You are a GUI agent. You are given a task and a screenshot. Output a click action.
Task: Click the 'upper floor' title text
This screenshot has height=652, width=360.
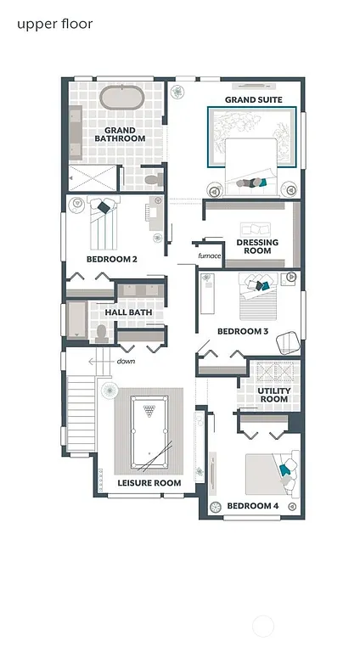click(54, 24)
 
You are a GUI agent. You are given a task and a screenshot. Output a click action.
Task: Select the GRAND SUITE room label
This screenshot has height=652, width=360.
click(253, 100)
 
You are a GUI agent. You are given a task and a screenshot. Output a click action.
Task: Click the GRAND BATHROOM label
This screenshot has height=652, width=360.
click(120, 134)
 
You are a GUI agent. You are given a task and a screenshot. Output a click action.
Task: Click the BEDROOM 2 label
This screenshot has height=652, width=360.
click(111, 259)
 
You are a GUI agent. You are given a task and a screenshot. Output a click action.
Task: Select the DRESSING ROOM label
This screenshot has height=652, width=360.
click(258, 247)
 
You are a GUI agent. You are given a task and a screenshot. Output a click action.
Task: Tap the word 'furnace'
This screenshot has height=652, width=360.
click(209, 256)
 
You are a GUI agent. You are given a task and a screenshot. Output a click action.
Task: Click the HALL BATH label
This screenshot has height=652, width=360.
click(128, 312)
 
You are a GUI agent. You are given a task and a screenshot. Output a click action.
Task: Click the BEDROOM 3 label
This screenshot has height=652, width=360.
click(242, 331)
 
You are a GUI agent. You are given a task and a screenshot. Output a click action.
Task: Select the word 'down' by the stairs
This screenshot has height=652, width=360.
click(126, 361)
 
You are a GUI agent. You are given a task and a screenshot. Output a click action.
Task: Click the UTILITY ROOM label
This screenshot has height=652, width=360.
click(273, 395)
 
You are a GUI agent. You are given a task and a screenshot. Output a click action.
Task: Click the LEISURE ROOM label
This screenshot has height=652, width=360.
click(149, 483)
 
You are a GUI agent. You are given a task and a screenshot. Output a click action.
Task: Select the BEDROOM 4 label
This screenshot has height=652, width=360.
click(252, 506)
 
